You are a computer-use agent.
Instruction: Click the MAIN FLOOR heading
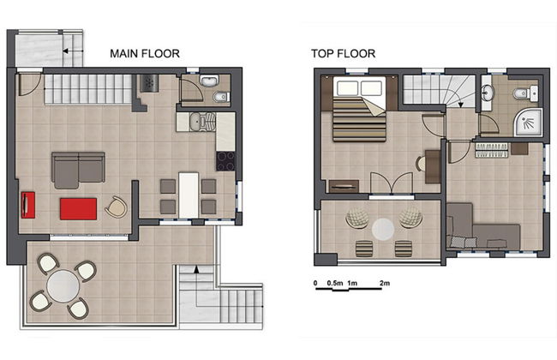click(x=145, y=53)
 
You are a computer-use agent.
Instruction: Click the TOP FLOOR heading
click(x=343, y=53)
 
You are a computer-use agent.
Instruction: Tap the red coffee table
click(x=78, y=207)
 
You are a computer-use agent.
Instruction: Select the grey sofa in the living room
click(x=78, y=169)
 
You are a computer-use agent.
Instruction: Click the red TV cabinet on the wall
click(x=27, y=206)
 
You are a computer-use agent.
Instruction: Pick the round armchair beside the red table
click(x=116, y=206)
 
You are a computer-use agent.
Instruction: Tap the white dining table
click(x=189, y=193)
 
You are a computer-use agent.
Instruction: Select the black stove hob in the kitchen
click(x=226, y=160)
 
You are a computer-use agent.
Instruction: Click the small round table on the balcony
click(x=382, y=227)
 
